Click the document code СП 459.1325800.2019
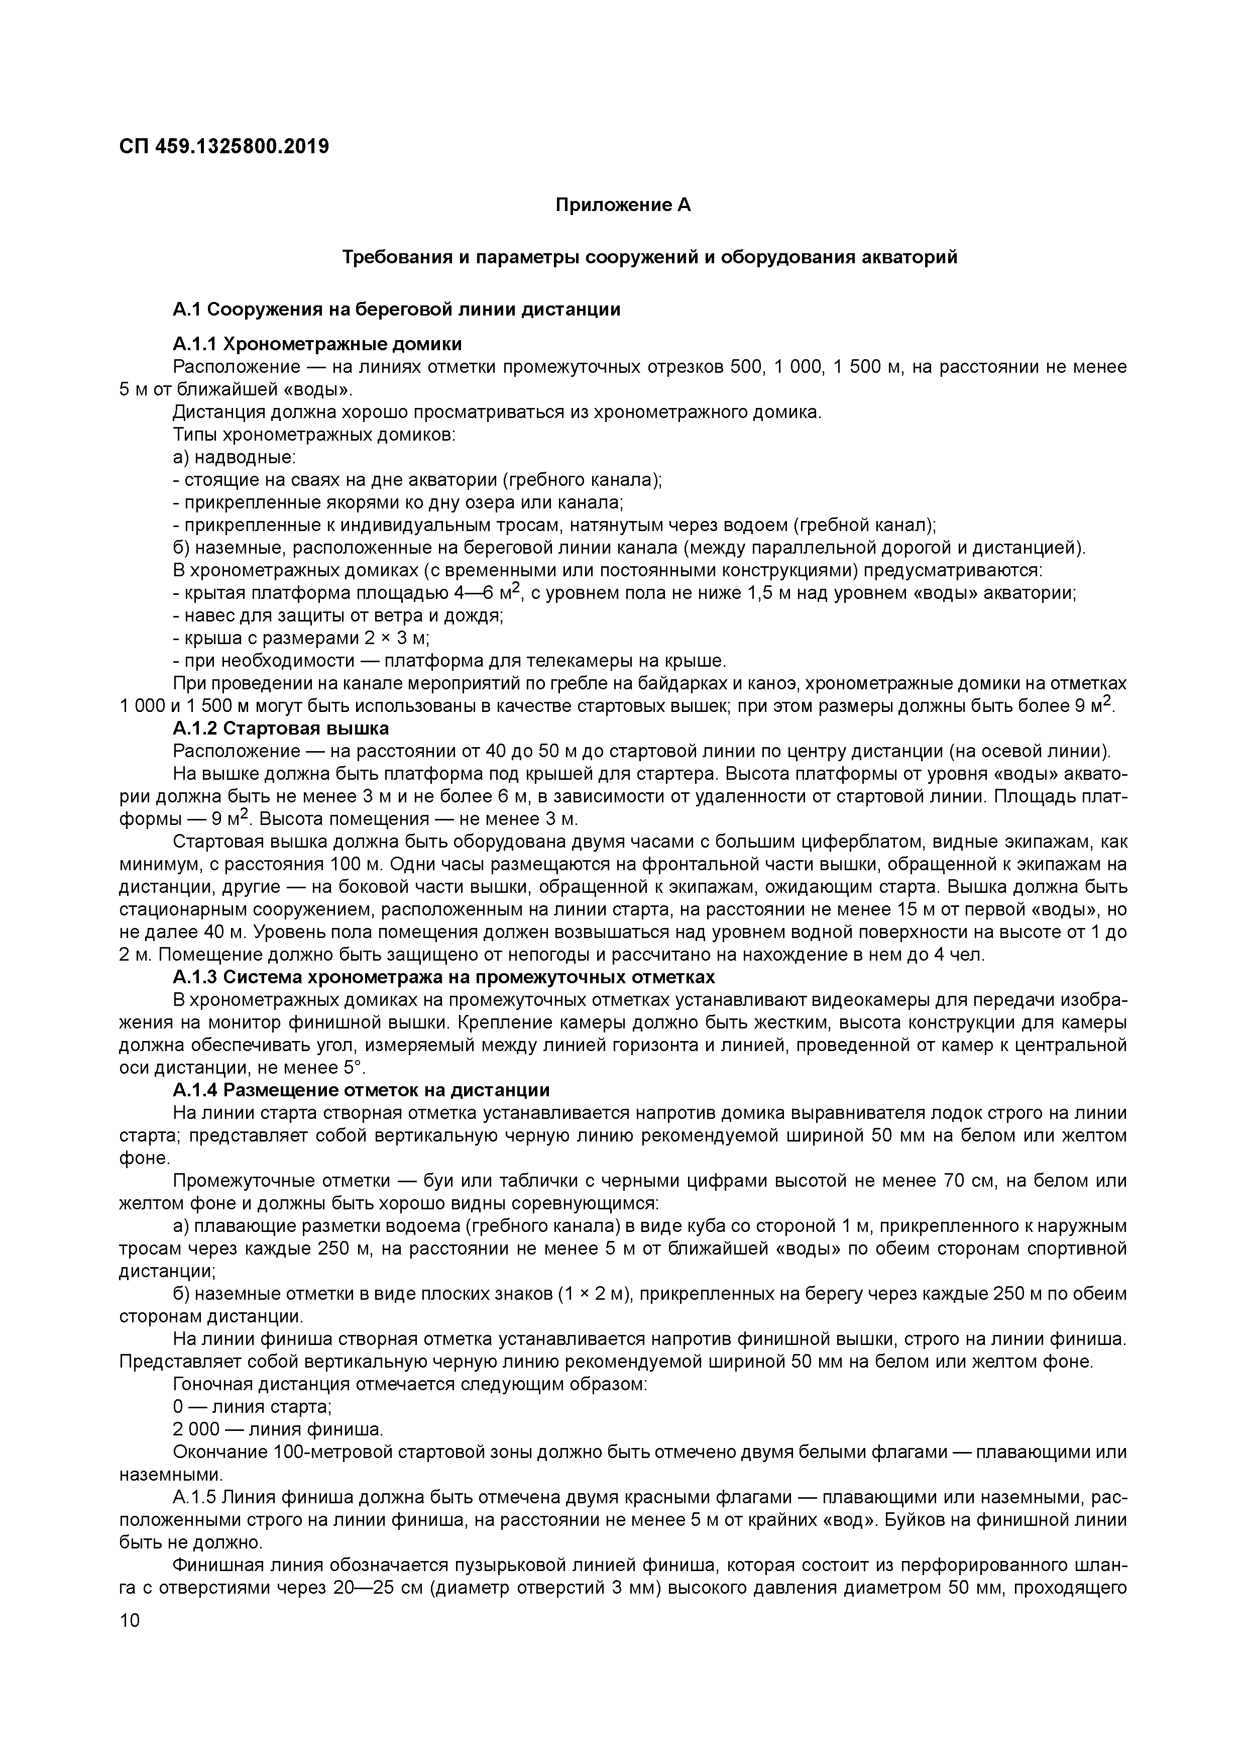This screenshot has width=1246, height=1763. click(x=223, y=146)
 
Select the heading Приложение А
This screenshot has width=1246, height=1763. click(x=623, y=205)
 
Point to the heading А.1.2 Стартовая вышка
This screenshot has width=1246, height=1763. click(x=281, y=728)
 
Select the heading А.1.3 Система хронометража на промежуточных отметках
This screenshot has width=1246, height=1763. click(x=444, y=977)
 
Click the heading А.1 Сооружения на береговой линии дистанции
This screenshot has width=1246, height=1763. click(x=396, y=309)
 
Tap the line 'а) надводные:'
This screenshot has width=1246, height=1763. click(x=234, y=458)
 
